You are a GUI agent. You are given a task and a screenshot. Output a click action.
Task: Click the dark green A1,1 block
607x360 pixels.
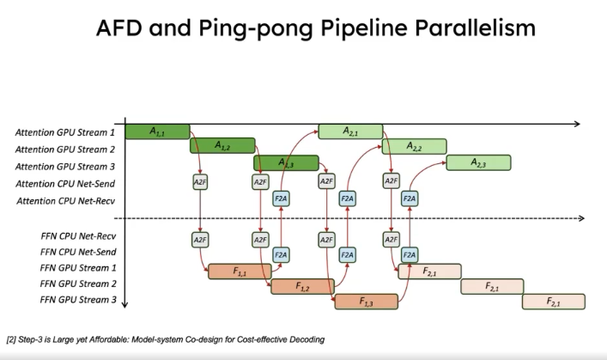point(157,131)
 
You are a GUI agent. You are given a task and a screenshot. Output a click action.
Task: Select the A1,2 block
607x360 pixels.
point(222,146)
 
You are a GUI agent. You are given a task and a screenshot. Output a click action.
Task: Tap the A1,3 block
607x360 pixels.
point(286,163)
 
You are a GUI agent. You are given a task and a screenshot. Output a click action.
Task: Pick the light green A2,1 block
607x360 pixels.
point(350,131)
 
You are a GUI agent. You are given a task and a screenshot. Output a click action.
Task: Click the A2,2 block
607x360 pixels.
point(414,146)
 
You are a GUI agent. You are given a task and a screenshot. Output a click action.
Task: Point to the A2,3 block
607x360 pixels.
point(478,163)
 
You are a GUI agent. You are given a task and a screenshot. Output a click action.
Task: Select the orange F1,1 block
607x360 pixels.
point(240,272)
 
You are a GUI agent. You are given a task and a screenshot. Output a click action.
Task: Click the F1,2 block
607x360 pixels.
point(302,286)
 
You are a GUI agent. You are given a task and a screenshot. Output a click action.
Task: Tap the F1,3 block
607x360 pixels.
point(366,302)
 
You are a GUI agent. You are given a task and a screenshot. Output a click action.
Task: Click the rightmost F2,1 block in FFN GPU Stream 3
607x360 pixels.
point(554,302)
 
